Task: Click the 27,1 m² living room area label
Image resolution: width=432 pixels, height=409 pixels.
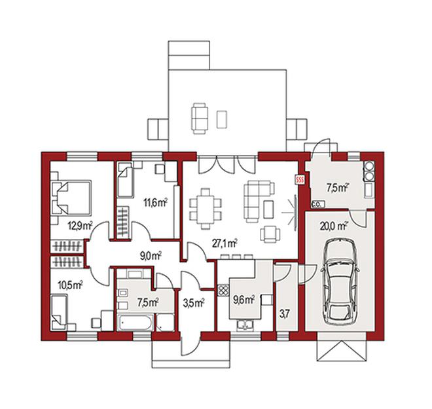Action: click(x=225, y=243)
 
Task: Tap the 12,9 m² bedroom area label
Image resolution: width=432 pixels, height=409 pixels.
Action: click(x=81, y=226)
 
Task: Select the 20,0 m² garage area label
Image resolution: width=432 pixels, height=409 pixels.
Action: click(x=333, y=226)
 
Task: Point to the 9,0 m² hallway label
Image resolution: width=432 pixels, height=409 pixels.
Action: click(x=151, y=256)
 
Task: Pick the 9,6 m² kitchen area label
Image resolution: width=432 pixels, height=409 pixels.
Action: click(x=244, y=299)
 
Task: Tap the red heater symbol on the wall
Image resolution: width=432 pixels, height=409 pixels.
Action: click(x=300, y=180)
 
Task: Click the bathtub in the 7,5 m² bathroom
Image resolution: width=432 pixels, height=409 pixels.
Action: click(x=135, y=323)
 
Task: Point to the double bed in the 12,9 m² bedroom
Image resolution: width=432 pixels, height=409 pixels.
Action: click(x=71, y=197)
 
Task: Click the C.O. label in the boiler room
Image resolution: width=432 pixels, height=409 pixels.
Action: click(x=316, y=205)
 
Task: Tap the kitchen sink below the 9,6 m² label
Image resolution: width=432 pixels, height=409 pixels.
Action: click(x=245, y=325)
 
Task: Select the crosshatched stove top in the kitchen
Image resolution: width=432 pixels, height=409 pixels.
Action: click(x=223, y=290)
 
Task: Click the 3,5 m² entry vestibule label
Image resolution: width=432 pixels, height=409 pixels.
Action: click(x=194, y=303)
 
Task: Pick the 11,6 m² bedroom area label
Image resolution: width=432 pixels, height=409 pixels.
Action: click(x=156, y=203)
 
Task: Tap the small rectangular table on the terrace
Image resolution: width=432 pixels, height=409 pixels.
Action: click(x=222, y=119)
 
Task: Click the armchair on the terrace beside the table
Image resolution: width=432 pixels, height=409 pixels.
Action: click(x=200, y=118)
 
